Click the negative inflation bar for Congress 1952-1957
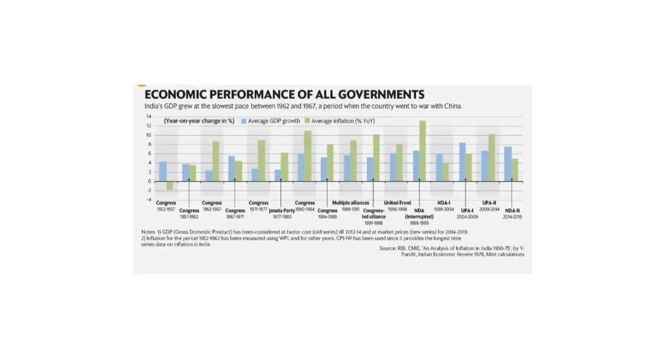click(x=170, y=186)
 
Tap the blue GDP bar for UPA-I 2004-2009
click(x=462, y=162)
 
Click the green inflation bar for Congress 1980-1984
click(x=308, y=156)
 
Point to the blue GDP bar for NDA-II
click(x=508, y=164)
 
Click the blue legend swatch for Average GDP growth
click(x=244, y=121)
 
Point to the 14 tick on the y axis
click(x=149, y=116)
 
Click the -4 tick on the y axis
click(x=149, y=199)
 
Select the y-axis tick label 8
click(x=149, y=144)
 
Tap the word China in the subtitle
click(x=451, y=106)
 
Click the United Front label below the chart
click(x=397, y=203)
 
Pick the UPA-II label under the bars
click(x=489, y=203)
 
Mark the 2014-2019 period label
click(x=512, y=217)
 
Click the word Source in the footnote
click(x=387, y=249)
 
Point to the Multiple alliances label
click(x=350, y=203)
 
